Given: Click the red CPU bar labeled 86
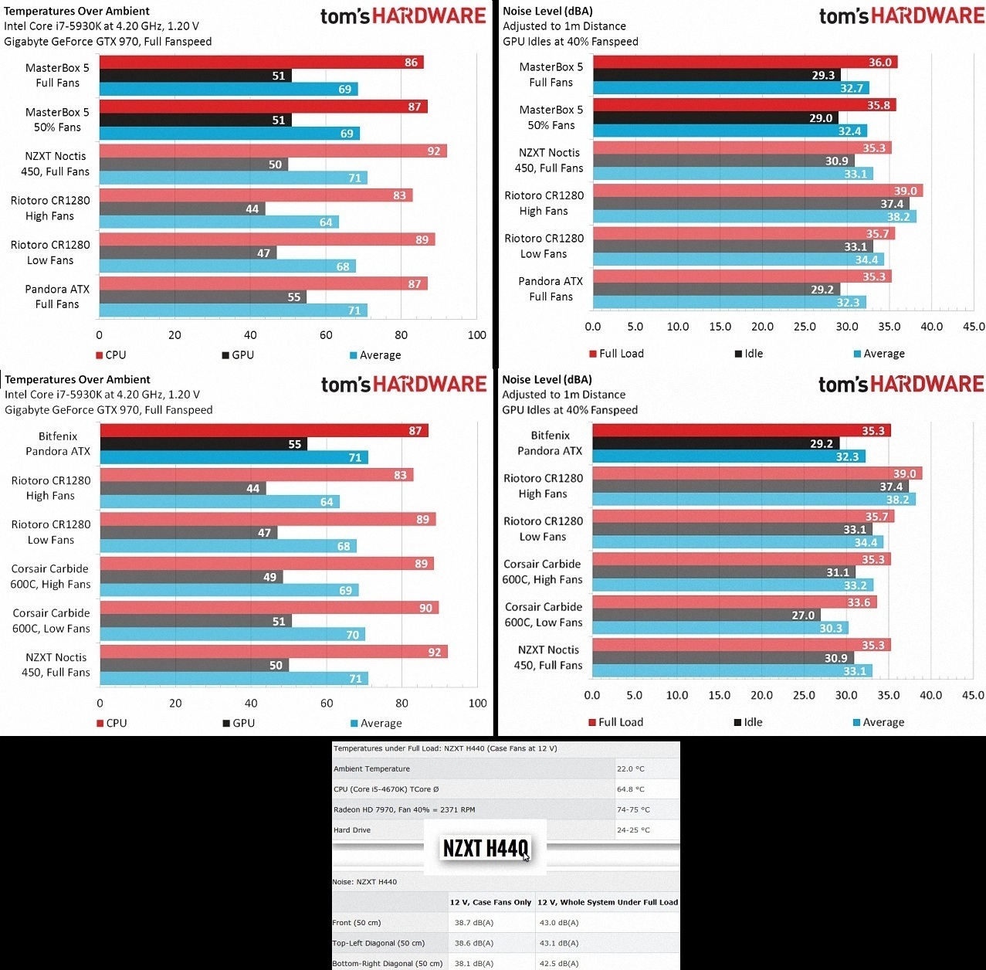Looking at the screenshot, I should (x=261, y=63).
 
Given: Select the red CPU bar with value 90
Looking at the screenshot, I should (x=269, y=608).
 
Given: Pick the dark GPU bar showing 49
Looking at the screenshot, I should (x=191, y=577).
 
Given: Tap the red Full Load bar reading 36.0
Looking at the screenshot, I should (x=744, y=63).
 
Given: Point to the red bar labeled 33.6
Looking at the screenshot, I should (x=734, y=602).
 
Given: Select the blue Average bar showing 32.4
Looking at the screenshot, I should (x=729, y=131).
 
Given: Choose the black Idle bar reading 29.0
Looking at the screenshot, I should (x=715, y=118).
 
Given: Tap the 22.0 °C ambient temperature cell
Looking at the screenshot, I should (x=630, y=769).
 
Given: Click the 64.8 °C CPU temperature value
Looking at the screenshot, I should (x=630, y=789).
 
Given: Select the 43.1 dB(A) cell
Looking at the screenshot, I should (x=560, y=943).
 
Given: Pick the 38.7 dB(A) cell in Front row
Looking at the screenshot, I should (x=474, y=923).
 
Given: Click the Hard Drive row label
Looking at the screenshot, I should (x=352, y=830).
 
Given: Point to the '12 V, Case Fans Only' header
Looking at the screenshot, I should (x=490, y=902).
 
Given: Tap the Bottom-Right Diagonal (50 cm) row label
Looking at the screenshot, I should (x=388, y=964).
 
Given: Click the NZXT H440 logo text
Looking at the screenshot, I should (x=486, y=849).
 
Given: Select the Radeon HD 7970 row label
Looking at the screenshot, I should (x=404, y=810).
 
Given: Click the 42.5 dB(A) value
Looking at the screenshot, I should (x=560, y=964).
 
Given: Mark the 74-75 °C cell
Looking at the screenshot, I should (x=633, y=810).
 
